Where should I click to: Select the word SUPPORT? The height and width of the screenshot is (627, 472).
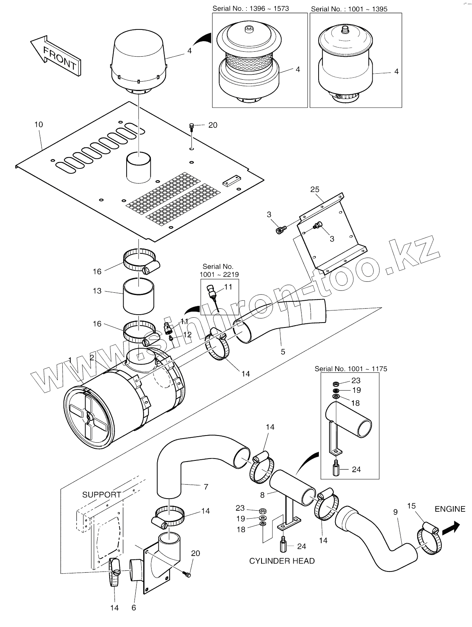tap(101, 495)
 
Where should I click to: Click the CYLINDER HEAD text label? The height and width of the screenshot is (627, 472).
tap(282, 561)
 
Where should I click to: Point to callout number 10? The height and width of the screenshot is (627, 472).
tap(39, 124)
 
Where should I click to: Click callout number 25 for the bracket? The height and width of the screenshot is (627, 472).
tap(315, 189)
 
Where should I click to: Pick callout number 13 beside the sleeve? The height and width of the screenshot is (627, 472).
tap(97, 291)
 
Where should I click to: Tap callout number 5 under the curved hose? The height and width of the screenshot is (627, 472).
tap(283, 352)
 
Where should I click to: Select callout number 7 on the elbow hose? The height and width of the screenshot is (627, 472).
tap(206, 487)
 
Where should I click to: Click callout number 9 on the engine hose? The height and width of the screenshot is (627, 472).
tap(395, 512)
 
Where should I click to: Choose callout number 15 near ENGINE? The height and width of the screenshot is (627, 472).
tap(412, 505)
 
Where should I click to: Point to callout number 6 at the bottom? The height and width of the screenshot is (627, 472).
tap(133, 608)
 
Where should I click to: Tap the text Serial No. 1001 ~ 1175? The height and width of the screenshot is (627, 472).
tap(351, 369)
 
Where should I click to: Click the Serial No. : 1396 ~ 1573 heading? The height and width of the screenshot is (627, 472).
tap(251, 8)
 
